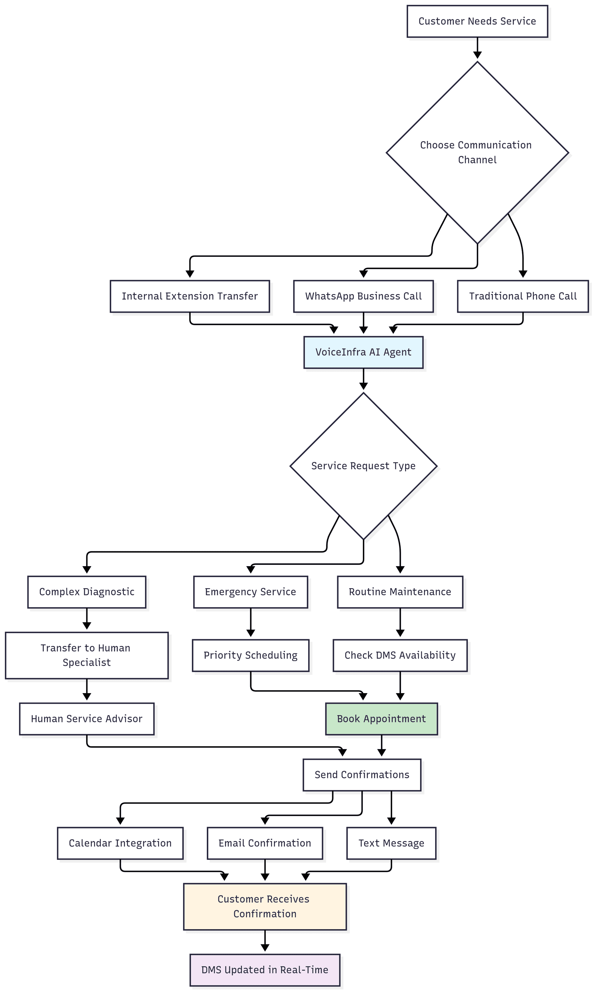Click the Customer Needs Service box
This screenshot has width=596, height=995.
click(477, 21)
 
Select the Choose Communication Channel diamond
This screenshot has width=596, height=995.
click(477, 153)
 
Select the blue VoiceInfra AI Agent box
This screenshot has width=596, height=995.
click(363, 352)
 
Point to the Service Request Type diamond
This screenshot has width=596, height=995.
click(363, 466)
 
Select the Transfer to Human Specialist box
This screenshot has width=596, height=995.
click(87, 655)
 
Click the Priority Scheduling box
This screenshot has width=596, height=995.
click(250, 656)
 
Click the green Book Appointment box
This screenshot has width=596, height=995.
click(381, 719)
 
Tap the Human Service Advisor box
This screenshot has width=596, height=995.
click(87, 719)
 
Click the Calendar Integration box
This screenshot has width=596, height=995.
click(120, 843)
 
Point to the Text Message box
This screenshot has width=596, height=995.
click(391, 843)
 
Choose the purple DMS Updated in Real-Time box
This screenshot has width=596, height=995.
click(265, 970)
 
